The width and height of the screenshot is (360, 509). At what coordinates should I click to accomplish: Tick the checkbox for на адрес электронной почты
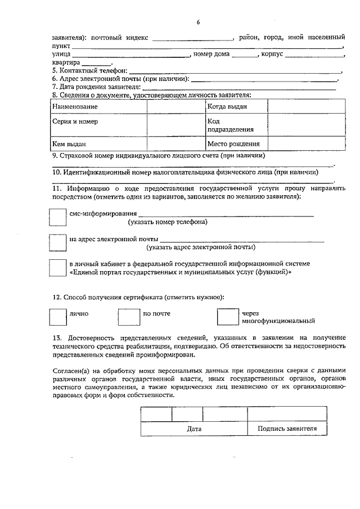pyautogui.click(x=57, y=242)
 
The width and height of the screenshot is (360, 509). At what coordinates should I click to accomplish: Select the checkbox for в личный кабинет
pyautogui.click(x=57, y=267)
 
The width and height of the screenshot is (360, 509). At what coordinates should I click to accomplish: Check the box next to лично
pyautogui.click(x=57, y=317)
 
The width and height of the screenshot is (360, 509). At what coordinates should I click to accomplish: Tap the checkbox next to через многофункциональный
pyautogui.click(x=227, y=317)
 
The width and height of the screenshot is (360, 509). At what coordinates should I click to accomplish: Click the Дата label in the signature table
pyautogui.click(x=194, y=429)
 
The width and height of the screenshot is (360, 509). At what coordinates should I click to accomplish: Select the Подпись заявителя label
pyautogui.click(x=287, y=429)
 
